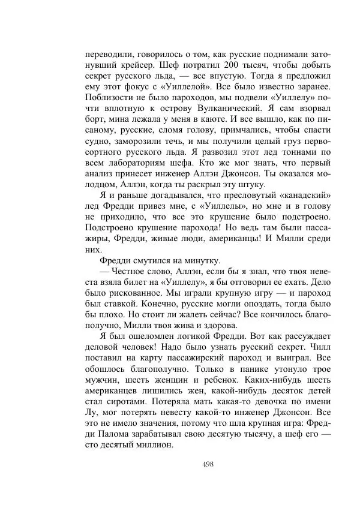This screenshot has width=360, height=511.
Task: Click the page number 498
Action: coord(209,464)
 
